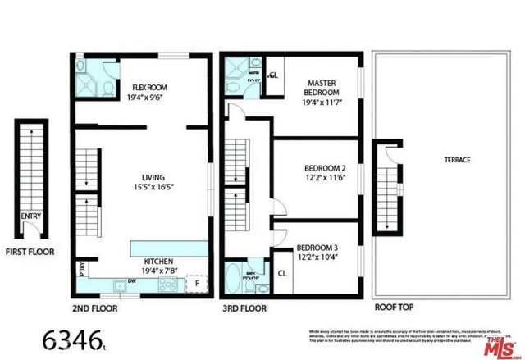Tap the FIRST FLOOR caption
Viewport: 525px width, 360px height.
(30, 252)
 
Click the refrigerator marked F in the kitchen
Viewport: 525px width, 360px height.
(196, 283)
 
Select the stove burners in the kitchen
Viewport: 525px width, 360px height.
(167, 285)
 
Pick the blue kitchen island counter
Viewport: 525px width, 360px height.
(169, 248)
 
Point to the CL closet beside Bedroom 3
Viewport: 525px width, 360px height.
(281, 273)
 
